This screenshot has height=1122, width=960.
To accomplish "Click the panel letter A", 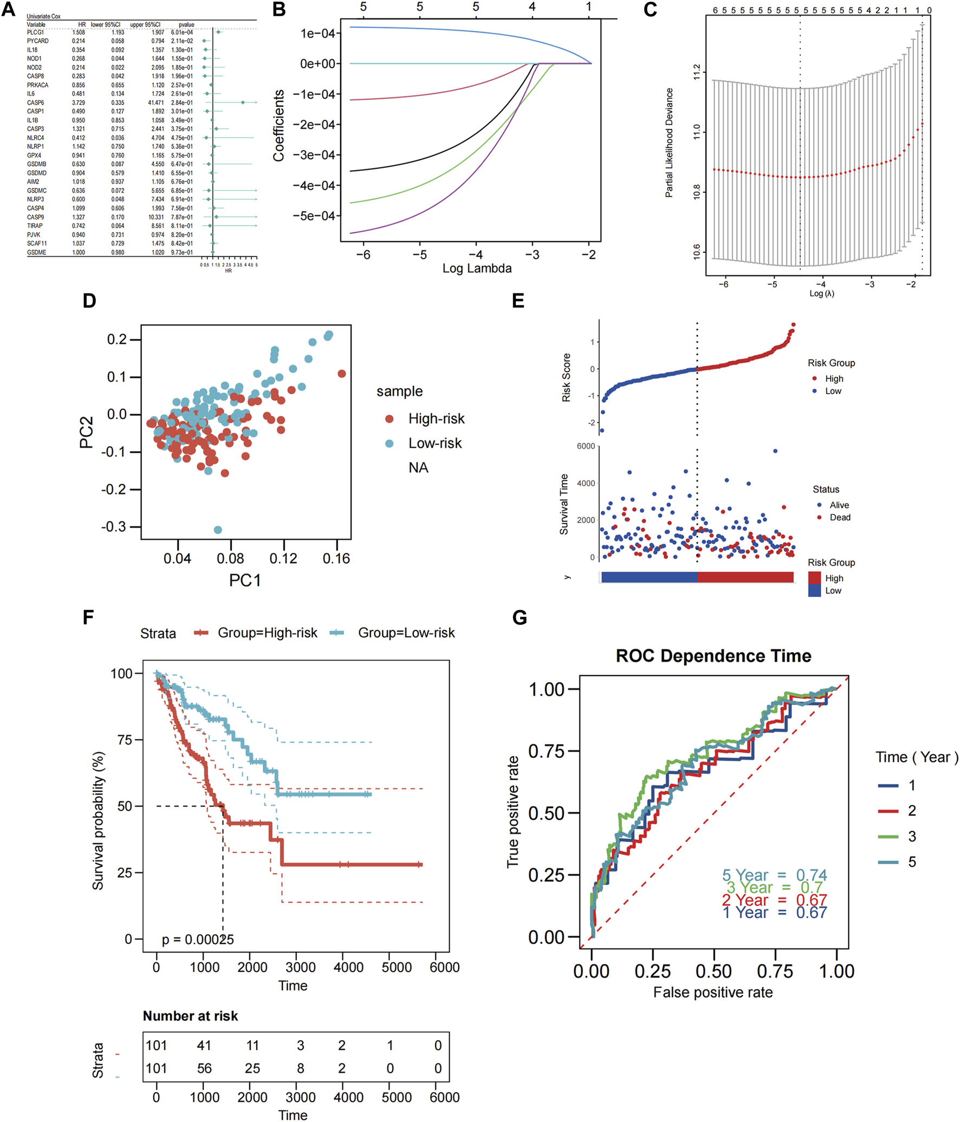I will point(8,9).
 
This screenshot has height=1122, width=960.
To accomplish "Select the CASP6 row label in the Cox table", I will point(35,102).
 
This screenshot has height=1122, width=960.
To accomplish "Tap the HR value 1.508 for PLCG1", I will point(79,32).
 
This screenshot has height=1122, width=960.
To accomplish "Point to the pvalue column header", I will point(186,24).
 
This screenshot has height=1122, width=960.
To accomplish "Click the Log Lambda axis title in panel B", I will point(477,268).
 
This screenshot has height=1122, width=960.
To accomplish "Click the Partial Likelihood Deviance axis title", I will point(669,142).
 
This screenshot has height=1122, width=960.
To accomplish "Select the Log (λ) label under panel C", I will point(821,293).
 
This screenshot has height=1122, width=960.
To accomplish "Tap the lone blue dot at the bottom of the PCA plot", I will point(218,530).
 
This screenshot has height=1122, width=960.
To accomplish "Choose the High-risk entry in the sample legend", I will point(436,419).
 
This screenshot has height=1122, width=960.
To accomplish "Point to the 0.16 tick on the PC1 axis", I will point(336,558).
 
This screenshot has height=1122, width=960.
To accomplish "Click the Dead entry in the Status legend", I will point(840,517).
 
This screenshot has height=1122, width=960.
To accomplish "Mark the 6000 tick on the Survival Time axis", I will point(586,446).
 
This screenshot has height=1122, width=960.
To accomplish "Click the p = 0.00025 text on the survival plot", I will point(198,940).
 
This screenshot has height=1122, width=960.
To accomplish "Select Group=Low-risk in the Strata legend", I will point(406,633).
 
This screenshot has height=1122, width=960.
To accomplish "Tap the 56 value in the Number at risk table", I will point(204,1068).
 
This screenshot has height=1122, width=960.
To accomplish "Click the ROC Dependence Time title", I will point(713,656).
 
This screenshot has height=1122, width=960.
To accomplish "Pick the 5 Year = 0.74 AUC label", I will point(774,875).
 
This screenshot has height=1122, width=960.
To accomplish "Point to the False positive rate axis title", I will point(713,992).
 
